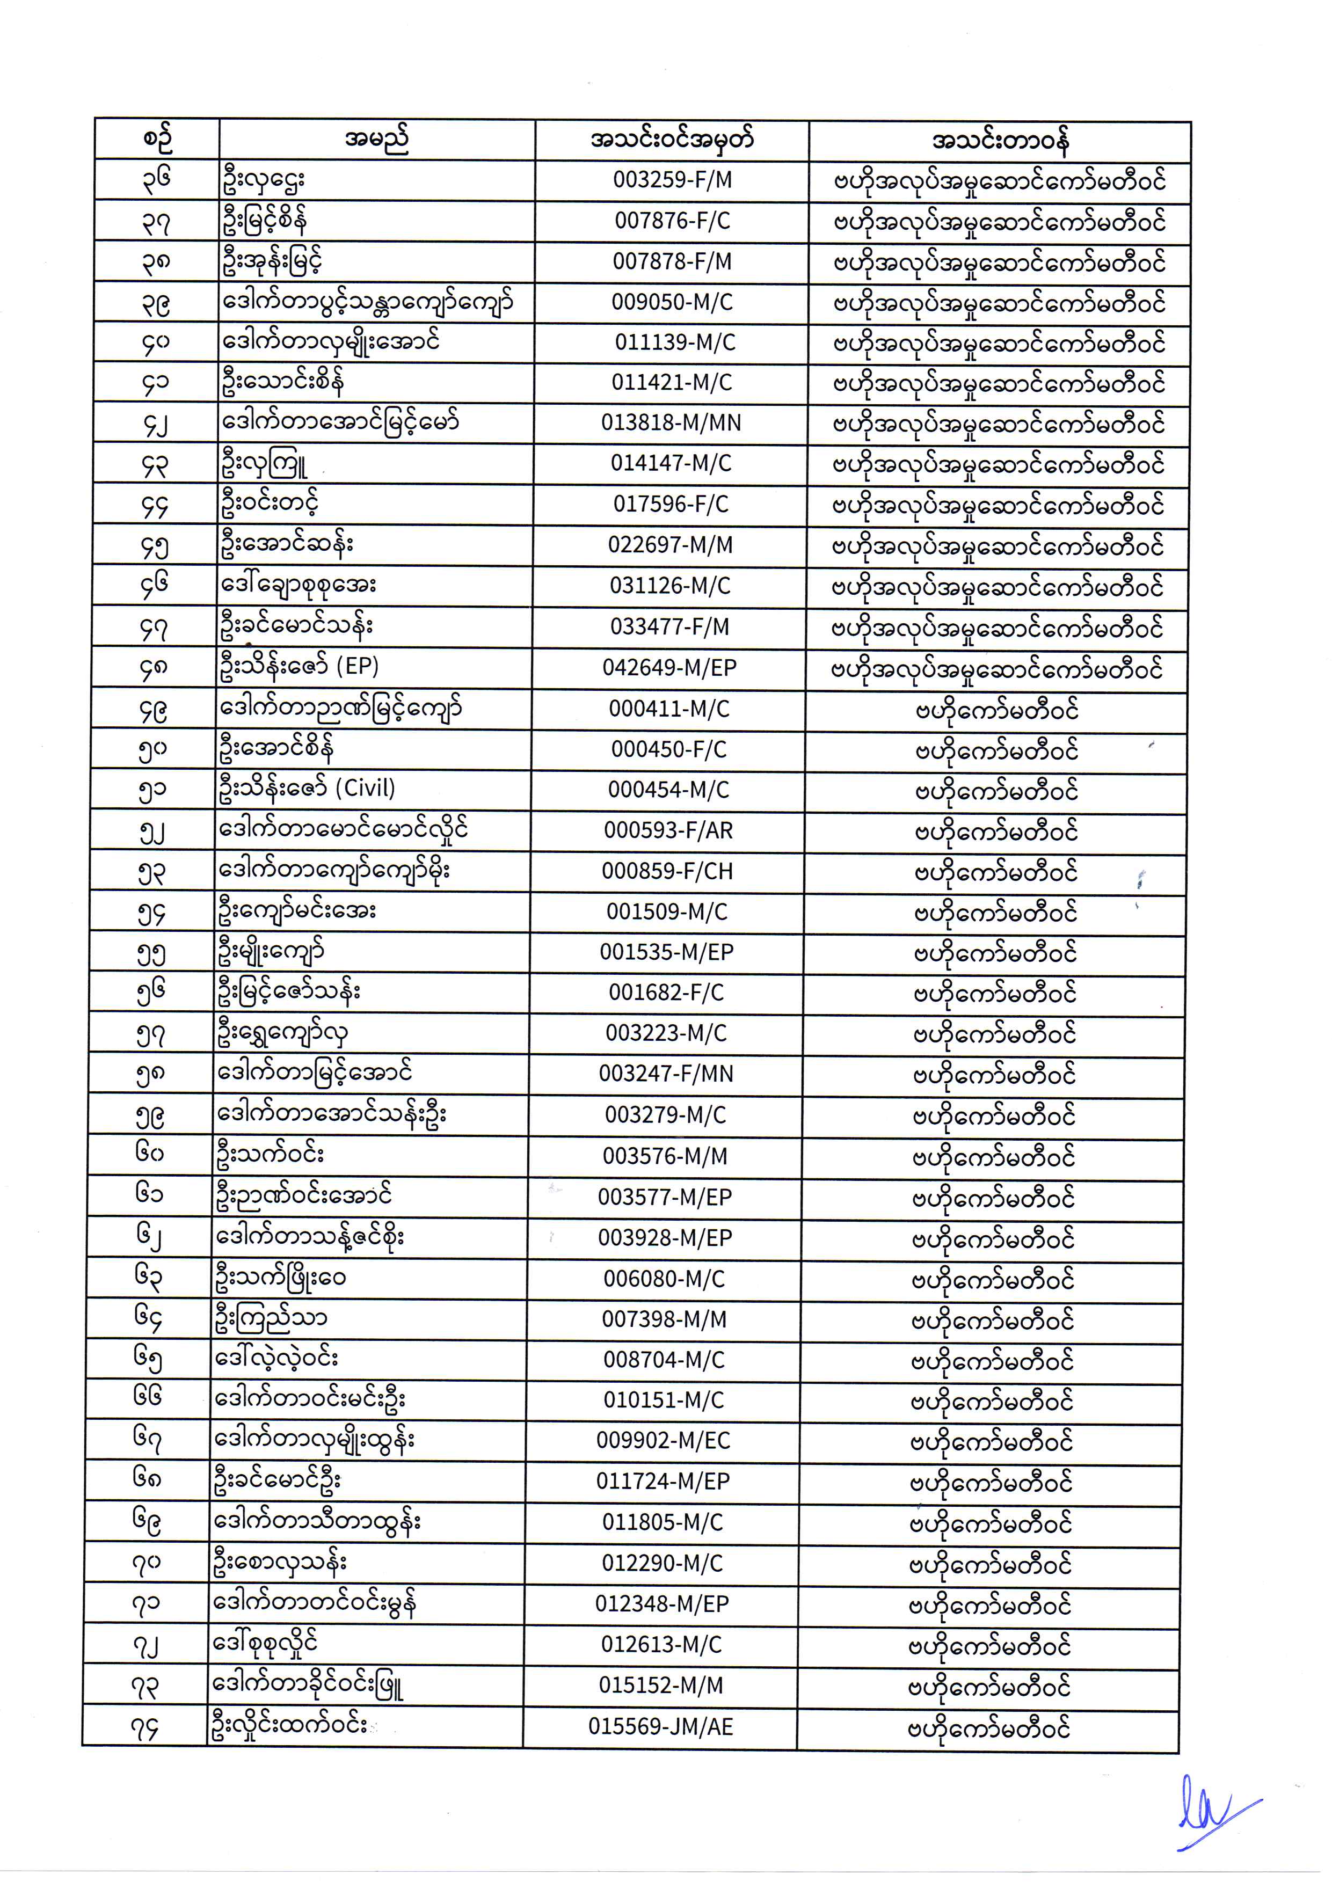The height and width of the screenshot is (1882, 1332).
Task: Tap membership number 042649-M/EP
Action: click(669, 668)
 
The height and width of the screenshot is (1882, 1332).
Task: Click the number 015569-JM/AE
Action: click(660, 1727)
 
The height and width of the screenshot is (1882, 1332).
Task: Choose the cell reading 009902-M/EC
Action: click(663, 1441)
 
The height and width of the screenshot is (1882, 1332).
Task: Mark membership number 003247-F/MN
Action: click(666, 1074)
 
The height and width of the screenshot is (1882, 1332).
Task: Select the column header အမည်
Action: click(376, 140)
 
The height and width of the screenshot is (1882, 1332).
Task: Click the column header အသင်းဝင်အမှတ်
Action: click(672, 140)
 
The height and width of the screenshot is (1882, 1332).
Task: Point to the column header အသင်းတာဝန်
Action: click(1000, 141)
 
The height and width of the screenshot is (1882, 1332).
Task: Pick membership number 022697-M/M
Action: click(670, 545)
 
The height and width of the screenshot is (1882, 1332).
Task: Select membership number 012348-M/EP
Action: click(662, 1604)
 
